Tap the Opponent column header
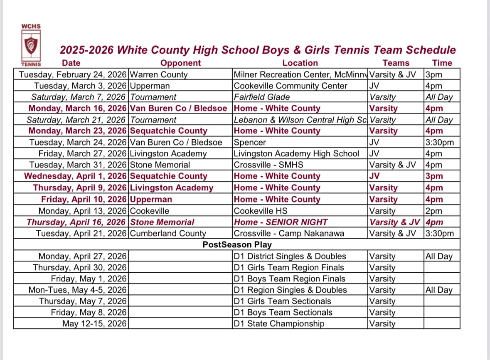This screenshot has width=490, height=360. pyautogui.click(x=180, y=63)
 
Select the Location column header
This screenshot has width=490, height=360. pyautogui.click(x=300, y=63)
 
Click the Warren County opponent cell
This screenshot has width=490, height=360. pyautogui.click(x=159, y=75)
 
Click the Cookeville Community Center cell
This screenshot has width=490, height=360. pyautogui.click(x=291, y=86)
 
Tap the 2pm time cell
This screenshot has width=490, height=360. pyautogui.click(x=434, y=211)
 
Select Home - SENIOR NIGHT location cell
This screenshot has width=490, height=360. pyautogui.click(x=281, y=222)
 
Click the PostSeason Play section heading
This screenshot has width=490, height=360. pyautogui.click(x=237, y=244)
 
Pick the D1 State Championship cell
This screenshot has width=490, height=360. pyautogui.click(x=279, y=323)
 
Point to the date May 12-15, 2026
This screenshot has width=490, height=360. pyautogui.click(x=94, y=323)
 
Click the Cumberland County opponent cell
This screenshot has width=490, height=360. pyautogui.click(x=168, y=233)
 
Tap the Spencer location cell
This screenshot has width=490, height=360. pyautogui.click(x=250, y=142)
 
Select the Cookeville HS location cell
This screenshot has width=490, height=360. pyautogui.click(x=261, y=211)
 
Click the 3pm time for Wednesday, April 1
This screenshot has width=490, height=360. pyautogui.click(x=434, y=176)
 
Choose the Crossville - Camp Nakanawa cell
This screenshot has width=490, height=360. pyautogui.click(x=289, y=233)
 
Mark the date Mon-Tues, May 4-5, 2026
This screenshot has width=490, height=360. pyautogui.click(x=77, y=290)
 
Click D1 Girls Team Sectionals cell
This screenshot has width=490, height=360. pyautogui.click(x=283, y=301)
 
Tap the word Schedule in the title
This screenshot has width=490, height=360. pyautogui.click(x=431, y=50)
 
